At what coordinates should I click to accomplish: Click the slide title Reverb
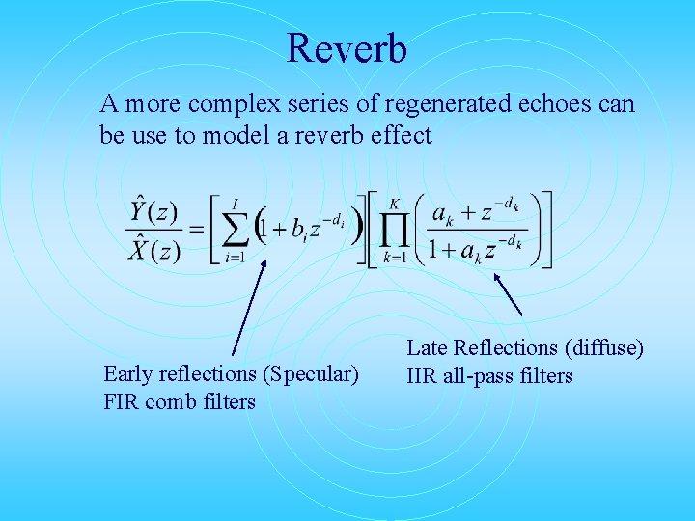pos(347,48)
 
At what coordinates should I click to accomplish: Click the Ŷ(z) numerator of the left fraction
pos(153,212)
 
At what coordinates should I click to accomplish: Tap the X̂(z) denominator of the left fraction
pos(153,251)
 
